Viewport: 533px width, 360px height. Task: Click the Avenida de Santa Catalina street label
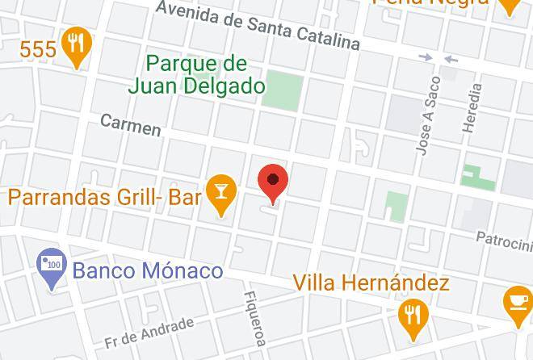tap(258, 25)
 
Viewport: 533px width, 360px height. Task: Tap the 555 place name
tap(37, 49)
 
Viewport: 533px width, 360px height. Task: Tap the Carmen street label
tap(130, 124)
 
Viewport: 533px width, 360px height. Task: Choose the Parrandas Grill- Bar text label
tap(104, 196)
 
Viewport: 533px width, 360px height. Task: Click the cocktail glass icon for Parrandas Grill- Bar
tap(221, 190)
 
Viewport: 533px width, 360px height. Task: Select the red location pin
tap(273, 182)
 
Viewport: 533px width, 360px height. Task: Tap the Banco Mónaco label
tap(148, 270)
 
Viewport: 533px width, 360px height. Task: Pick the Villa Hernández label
tap(371, 283)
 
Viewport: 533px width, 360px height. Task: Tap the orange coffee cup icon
tap(516, 303)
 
